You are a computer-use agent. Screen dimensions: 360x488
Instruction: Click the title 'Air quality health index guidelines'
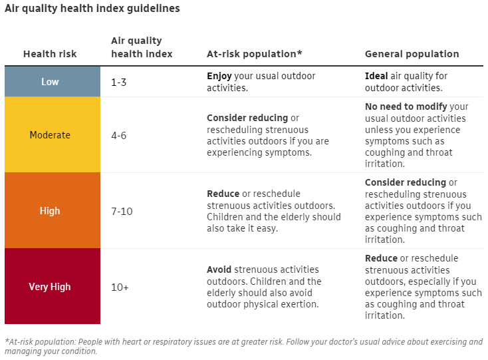pos(92,9)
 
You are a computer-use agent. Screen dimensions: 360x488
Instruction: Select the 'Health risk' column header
pos(50,54)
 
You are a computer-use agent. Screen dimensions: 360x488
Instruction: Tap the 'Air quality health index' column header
pos(141,47)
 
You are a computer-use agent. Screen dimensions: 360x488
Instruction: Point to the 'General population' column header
pos(412,54)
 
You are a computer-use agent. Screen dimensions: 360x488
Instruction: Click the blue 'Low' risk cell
pos(50,82)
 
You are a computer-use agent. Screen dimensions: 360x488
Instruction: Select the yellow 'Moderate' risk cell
pos(50,135)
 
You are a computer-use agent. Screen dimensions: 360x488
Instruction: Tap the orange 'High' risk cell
pos(50,211)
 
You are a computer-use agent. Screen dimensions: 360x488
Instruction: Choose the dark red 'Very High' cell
pos(50,287)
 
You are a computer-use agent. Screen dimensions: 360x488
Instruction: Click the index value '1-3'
pos(120,82)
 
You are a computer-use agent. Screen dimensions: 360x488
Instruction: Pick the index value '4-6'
pos(119,135)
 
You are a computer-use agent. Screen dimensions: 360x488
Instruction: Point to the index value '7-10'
pos(122,211)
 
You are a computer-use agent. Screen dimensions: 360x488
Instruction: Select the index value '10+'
pos(120,287)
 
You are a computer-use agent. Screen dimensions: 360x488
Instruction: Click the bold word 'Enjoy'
pos(219,77)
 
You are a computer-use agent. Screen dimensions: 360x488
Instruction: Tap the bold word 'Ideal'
pos(376,77)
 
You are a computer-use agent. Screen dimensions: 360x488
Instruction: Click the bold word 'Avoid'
pos(219,270)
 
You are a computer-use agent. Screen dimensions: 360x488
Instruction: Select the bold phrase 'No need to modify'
pos(406,106)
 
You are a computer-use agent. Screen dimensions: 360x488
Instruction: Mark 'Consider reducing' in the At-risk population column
pos(247,118)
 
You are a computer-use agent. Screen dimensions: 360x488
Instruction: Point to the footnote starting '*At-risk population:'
pos(243,346)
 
